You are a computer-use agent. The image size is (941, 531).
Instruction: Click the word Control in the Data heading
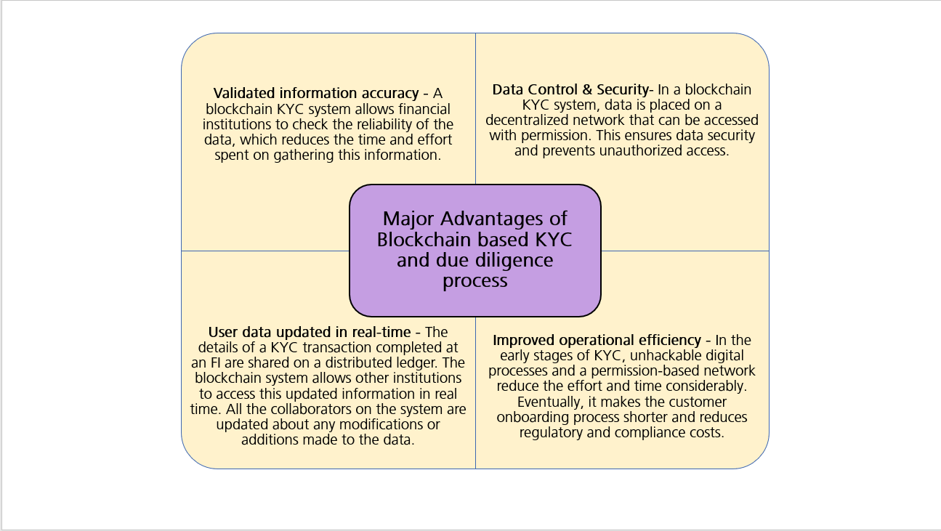[x=552, y=90]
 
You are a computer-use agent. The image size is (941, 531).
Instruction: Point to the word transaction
[x=320, y=348]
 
